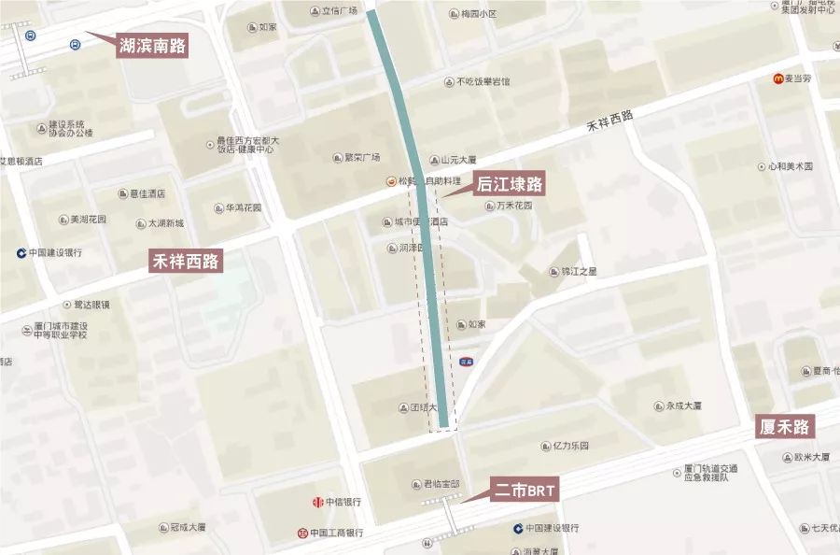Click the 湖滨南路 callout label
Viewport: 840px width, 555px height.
[152, 45]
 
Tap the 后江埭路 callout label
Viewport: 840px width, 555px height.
[510, 185]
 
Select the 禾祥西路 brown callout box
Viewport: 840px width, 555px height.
[185, 261]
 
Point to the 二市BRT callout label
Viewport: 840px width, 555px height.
[525, 490]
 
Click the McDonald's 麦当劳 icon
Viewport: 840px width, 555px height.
[778, 79]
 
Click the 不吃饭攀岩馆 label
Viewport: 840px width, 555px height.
[483, 81]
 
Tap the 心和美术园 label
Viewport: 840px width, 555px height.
[791, 166]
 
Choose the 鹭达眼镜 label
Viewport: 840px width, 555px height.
[91, 305]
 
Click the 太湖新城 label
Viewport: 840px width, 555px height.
[166, 224]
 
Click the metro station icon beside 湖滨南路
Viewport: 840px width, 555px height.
[31, 36]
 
